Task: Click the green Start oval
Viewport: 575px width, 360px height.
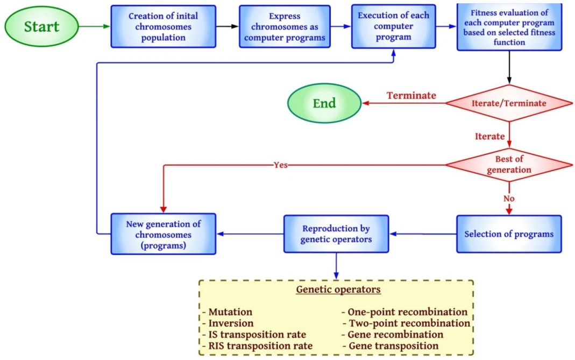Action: tap(41, 26)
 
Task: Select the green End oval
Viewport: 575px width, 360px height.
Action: tap(324, 103)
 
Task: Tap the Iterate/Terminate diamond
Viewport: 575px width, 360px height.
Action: tap(509, 103)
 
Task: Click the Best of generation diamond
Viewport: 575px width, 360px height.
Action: tap(509, 165)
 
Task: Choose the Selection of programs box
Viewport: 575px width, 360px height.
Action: tap(509, 234)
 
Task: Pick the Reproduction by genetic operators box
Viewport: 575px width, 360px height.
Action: tap(336, 234)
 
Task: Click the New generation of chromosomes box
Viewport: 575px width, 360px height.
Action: tap(163, 234)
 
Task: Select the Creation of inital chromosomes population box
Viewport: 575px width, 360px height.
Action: tap(163, 26)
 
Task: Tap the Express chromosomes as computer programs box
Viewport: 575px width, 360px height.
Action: tap(285, 26)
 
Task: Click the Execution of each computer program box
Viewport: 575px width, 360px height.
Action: tap(394, 26)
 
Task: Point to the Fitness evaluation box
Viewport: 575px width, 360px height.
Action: tap(509, 27)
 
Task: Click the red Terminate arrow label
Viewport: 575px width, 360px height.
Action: tap(411, 95)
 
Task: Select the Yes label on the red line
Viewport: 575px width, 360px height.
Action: tap(281, 165)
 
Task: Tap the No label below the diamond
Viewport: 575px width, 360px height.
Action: tap(509, 199)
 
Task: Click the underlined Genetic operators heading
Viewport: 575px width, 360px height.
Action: tap(338, 290)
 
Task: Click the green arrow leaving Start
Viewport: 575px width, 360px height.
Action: tap(95, 26)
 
